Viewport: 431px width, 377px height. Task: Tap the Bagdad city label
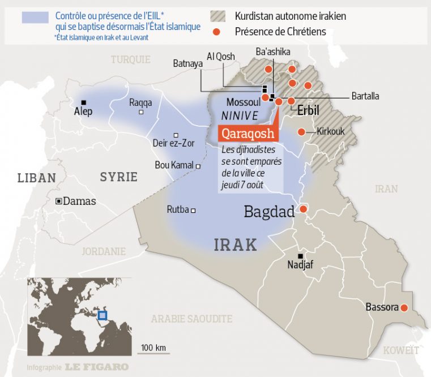269,212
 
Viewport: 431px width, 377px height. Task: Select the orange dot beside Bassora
404,307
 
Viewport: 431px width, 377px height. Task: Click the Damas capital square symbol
58,201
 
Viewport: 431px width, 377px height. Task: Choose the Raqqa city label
140,103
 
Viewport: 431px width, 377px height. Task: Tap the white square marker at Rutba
193,211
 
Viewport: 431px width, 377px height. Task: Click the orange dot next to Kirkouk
301,132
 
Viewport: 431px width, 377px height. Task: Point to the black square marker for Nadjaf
301,256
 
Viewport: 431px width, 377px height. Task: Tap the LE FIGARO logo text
96,367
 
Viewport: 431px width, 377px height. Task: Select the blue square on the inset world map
103,315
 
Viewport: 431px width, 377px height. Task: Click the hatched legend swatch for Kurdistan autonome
219,16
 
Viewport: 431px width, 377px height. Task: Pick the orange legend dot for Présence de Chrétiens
216,32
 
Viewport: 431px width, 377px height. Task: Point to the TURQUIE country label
131,59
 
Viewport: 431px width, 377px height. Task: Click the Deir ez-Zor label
173,144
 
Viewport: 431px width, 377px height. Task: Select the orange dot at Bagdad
303,209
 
